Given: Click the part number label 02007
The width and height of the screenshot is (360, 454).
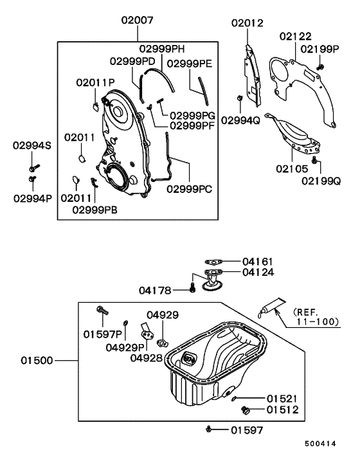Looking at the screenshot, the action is [137, 21].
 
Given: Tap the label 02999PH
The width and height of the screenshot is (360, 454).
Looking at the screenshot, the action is [162, 49].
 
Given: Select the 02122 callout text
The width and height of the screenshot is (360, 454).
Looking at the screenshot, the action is [296, 37].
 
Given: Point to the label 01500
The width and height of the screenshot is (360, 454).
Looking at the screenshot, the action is [37, 361].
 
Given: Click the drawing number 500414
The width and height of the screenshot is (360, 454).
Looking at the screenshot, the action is [321, 444].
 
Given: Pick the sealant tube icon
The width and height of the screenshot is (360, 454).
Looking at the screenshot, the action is [271, 307].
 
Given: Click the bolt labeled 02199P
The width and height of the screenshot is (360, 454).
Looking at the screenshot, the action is [320, 67].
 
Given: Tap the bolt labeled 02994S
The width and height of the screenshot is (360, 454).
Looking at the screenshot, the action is [34, 168].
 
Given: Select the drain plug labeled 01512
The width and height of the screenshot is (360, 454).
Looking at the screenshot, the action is [246, 410].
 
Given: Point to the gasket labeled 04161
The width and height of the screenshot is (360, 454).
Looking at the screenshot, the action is [213, 262].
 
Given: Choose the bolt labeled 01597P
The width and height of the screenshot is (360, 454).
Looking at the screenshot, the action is [102, 311].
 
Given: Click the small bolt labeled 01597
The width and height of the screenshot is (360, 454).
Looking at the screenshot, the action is [208, 429].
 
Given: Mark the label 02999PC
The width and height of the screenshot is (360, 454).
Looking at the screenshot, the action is [190, 189].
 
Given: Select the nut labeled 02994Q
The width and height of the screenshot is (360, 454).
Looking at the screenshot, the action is [240, 98].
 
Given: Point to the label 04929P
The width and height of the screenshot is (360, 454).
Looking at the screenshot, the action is [125, 347].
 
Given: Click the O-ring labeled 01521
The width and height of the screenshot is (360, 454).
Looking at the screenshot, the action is [234, 399].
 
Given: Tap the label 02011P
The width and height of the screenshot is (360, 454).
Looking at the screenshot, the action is [96, 82].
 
